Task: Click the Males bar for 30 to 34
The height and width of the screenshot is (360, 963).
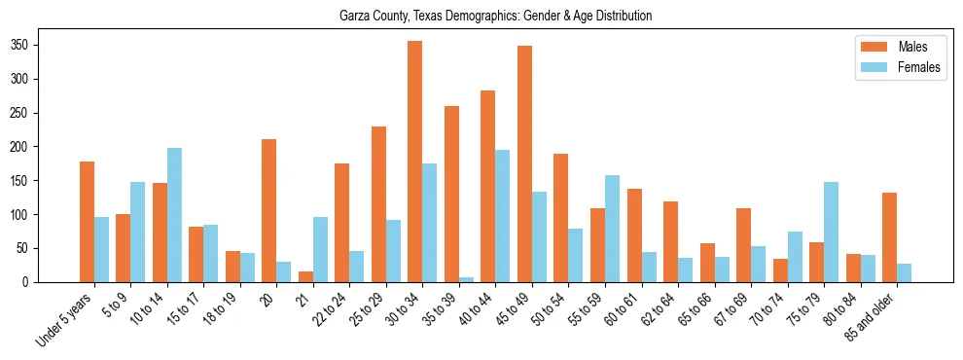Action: (x=414, y=162)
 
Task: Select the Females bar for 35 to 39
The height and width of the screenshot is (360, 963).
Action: (x=466, y=279)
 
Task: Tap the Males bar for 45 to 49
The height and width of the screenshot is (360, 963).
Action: (x=524, y=164)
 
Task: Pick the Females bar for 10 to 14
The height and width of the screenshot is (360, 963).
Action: (x=174, y=215)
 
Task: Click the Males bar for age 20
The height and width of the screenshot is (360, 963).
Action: (x=268, y=211)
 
